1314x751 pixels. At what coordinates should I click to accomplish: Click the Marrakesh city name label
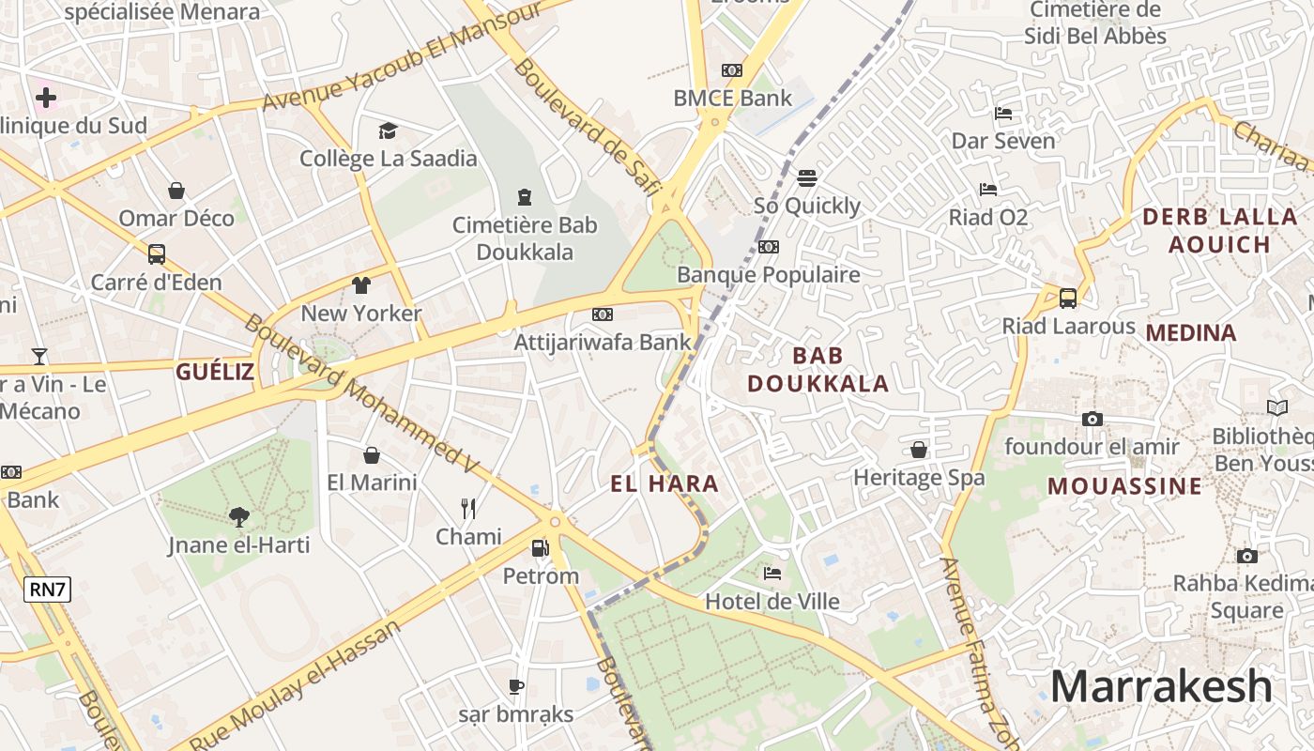1161,686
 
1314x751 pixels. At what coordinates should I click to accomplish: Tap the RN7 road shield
48,590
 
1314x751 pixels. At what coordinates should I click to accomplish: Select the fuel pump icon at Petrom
540,547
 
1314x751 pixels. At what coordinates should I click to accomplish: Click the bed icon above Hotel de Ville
772,573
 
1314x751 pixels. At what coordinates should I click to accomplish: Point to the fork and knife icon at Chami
468,509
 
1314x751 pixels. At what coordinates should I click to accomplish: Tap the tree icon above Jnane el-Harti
238,515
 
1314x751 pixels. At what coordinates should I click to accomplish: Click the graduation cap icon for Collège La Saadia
388,130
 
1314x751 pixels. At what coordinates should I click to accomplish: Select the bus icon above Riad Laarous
1068,299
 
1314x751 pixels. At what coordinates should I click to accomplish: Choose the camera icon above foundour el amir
1092,419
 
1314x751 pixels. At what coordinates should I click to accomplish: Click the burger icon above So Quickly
807,177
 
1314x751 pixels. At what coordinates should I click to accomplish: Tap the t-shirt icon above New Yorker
361,285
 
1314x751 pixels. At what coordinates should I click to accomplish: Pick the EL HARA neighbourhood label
665,484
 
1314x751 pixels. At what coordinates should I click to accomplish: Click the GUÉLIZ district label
215,372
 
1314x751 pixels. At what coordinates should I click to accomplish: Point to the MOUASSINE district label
1124,486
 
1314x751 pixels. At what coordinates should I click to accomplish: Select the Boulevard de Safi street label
582,126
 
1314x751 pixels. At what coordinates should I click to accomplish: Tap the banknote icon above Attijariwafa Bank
603,314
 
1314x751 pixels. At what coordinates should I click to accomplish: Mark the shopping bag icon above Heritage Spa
919,450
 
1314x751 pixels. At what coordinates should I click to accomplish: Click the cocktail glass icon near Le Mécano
39,357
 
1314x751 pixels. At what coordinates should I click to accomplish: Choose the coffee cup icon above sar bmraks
515,686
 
